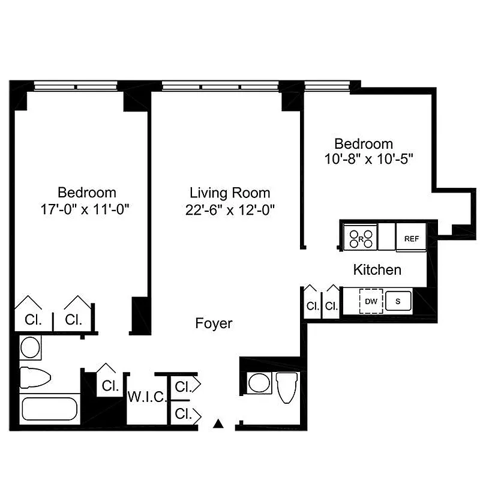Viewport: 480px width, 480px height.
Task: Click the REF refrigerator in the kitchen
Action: [411, 238]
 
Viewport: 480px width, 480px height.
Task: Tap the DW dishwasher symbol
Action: [371, 301]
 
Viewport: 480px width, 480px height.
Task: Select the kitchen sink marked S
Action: [397, 301]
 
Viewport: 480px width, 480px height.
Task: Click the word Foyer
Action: [214, 323]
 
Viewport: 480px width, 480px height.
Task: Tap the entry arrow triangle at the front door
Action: [219, 424]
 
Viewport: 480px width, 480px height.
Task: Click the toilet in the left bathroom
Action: [36, 377]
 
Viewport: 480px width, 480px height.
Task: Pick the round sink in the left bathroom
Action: [29, 346]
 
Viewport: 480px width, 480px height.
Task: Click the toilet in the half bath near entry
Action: [287, 386]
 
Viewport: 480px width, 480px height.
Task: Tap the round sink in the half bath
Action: [259, 382]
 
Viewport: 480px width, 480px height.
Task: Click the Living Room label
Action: [230, 193]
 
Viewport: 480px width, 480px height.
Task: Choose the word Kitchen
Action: [377, 269]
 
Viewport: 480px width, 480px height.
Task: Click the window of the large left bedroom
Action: [76, 86]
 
